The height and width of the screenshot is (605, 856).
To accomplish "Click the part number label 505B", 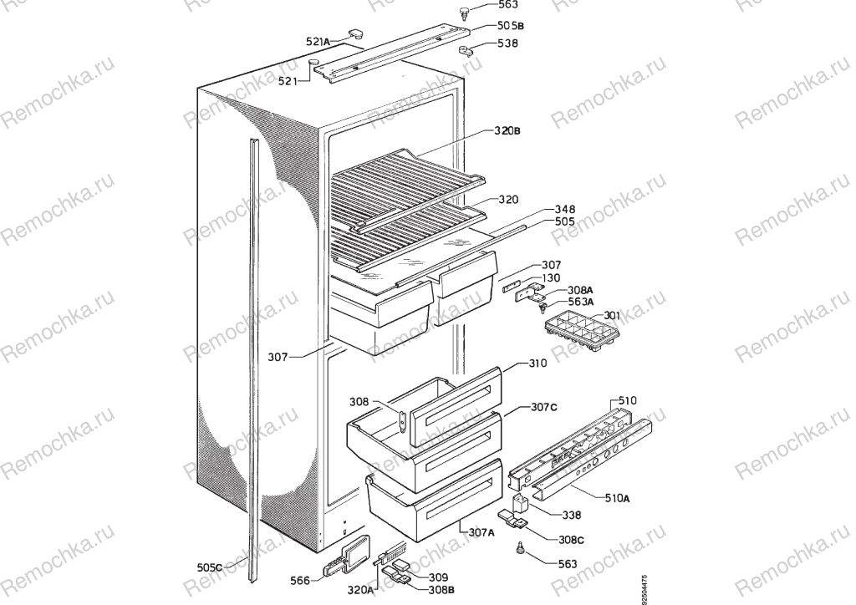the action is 511,26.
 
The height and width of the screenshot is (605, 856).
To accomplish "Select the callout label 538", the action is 507,43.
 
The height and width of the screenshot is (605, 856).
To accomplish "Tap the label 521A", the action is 318,42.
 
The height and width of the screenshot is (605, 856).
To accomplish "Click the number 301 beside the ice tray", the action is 611,316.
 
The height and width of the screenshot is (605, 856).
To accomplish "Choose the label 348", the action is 564,209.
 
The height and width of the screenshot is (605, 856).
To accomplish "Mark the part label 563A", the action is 581,302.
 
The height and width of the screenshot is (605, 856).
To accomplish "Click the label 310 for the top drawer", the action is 538,364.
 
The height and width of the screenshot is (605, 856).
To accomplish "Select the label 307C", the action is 543,408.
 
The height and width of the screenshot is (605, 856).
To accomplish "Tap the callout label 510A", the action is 617,497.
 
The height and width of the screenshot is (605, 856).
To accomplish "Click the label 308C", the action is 570,540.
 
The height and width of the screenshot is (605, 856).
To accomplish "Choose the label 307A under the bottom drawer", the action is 481,533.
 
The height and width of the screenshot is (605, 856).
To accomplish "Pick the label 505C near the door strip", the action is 210,567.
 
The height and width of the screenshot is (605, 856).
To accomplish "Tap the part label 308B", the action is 441,590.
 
